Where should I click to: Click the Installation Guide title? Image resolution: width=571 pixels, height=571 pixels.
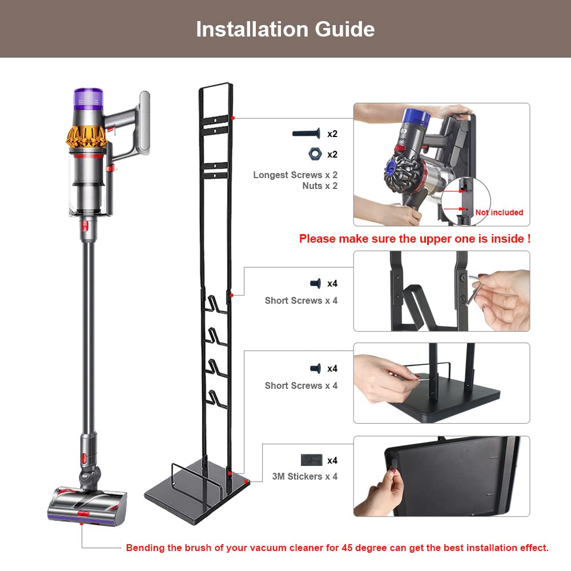(285, 29)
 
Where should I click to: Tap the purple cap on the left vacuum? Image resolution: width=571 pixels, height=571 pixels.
(88, 98)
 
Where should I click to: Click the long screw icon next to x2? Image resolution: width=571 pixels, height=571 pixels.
(307, 134)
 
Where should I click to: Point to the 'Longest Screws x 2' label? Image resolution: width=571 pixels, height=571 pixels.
(295, 175)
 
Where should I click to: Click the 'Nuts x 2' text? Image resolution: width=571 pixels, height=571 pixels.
(320, 186)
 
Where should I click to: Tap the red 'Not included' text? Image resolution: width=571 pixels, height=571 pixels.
(499, 212)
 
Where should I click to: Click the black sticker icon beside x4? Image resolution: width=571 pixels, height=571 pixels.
(311, 460)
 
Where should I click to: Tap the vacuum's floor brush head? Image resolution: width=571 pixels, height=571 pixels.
(87, 503)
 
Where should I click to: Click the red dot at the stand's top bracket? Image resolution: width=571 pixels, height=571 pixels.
(234, 118)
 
